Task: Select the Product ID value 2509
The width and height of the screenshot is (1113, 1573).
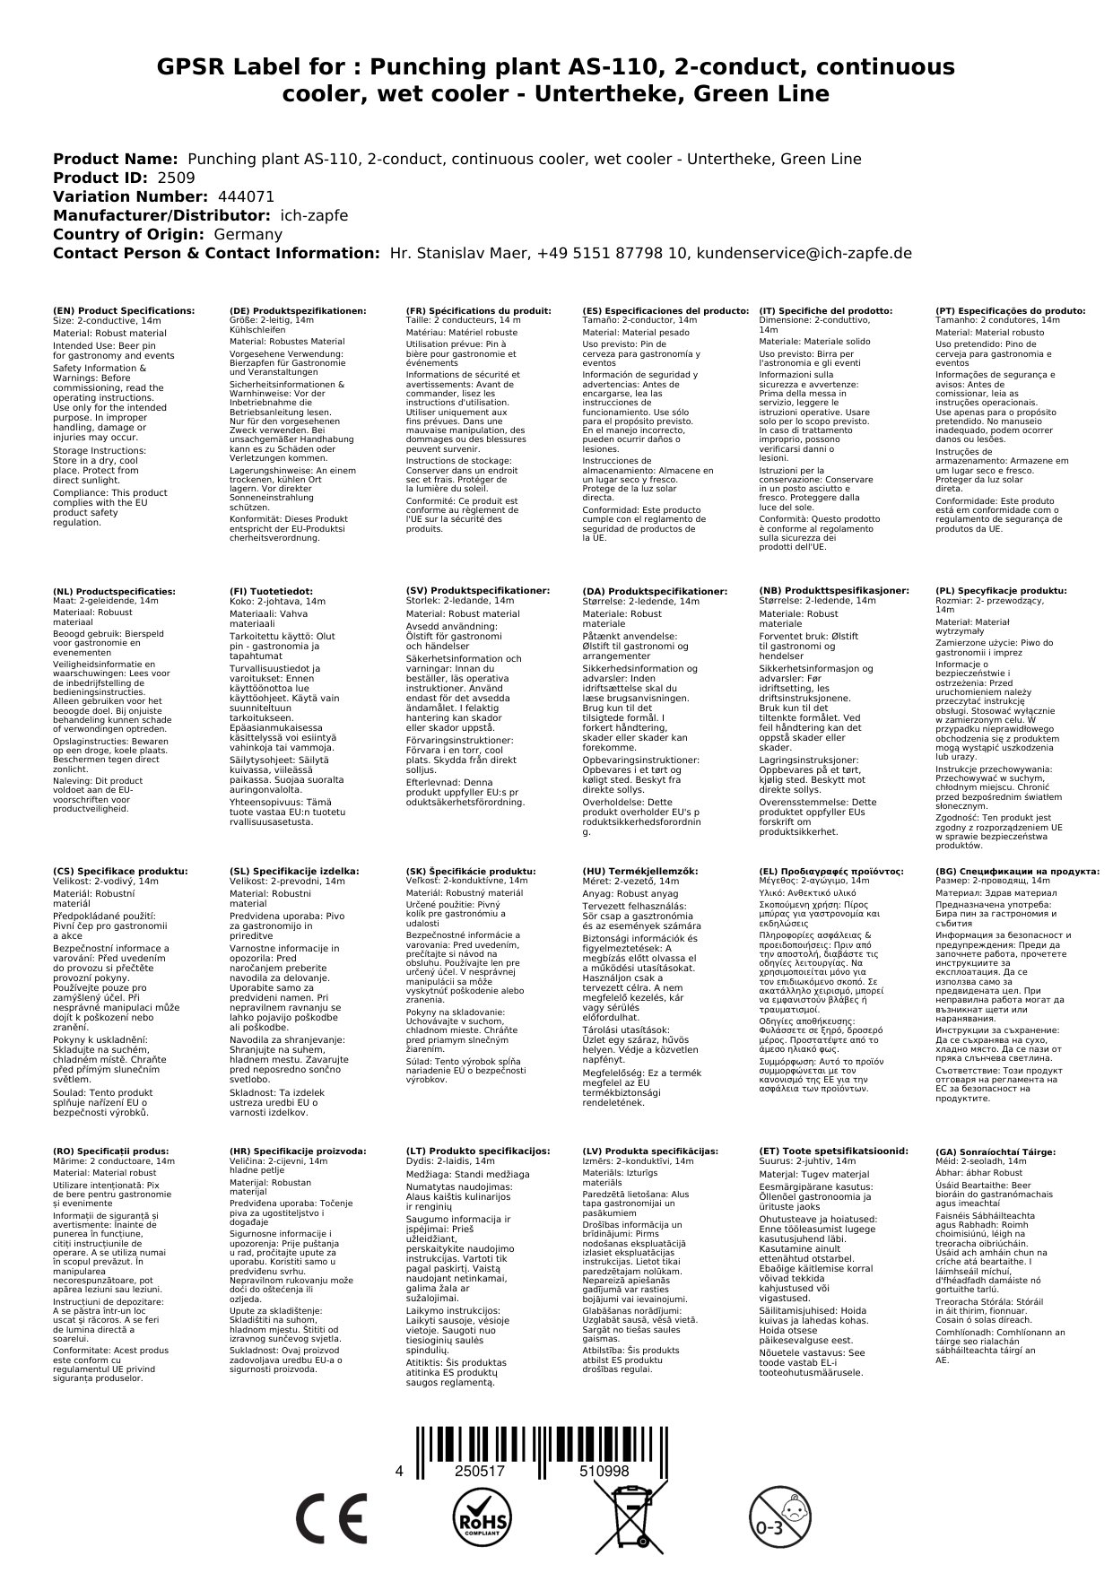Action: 176,178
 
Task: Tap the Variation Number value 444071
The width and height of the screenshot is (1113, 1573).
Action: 246,196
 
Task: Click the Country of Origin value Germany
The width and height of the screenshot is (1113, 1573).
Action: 248,234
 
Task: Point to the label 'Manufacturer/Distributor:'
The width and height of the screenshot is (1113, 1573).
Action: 161,215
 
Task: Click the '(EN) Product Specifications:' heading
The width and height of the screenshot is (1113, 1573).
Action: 124,311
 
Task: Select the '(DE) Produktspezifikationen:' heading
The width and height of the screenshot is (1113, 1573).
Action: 298,311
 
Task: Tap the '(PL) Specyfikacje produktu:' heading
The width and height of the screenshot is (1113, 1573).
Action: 1001,592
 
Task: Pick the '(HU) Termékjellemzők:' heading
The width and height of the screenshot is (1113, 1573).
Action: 639,871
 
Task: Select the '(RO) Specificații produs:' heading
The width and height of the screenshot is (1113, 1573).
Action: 111,1151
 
